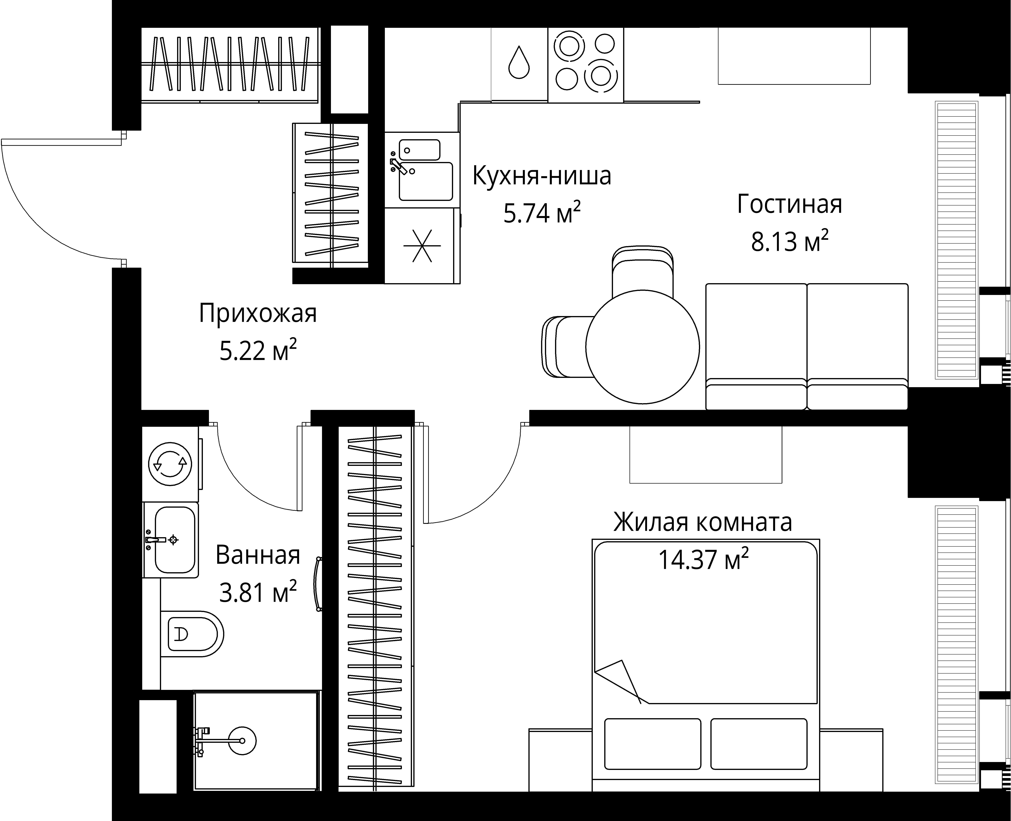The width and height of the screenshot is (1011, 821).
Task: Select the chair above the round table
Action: pos(642,270)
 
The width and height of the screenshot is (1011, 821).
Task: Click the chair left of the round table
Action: pos(565,347)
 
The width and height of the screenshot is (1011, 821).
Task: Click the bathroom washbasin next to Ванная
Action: pos(174,540)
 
